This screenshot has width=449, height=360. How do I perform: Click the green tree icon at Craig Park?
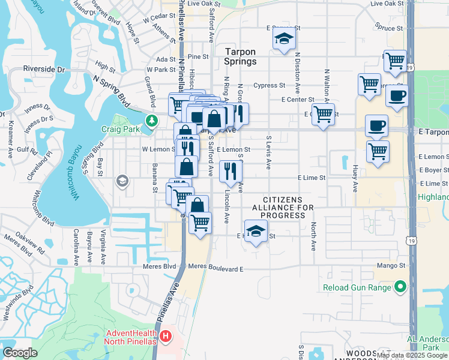pos(152,120)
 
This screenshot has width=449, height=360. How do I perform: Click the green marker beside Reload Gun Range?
pos(401,288)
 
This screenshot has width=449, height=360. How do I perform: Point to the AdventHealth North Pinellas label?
pos(132,338)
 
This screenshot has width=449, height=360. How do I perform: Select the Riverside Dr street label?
pos(44,70)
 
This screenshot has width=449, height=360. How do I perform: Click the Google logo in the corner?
pos(20,353)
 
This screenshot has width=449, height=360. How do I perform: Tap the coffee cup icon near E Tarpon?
pos(377,126)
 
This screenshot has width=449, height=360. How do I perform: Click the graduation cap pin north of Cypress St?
pos(284,40)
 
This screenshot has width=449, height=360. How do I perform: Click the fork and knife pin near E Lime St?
pos(231,172)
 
